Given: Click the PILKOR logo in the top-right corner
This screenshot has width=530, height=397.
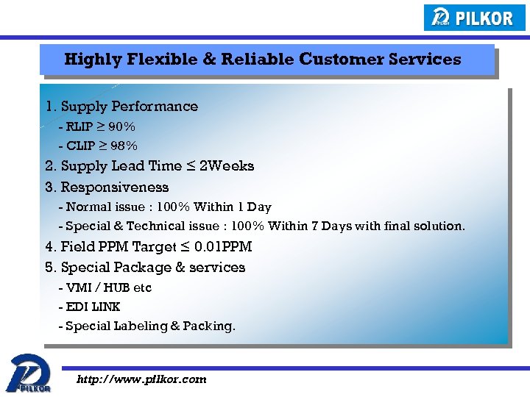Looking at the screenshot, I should tap(475, 18).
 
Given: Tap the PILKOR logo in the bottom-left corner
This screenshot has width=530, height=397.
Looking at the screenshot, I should tap(29, 373).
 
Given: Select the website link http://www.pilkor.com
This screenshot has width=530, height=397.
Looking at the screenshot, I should tap(142, 379).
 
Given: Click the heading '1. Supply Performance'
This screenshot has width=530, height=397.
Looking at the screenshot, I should tap(121, 107).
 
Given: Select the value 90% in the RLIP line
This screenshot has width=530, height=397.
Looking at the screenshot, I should tap(121, 126).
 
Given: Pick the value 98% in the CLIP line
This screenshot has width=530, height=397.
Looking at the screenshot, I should tap(123, 146).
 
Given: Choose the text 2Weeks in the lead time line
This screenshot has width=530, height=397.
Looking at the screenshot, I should tap(227, 166).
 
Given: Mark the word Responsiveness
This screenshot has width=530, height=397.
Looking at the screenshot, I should tap(115, 187).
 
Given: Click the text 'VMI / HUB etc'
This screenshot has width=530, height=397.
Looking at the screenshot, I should tap(108, 287).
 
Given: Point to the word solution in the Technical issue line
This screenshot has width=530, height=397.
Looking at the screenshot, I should tap(439, 226).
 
